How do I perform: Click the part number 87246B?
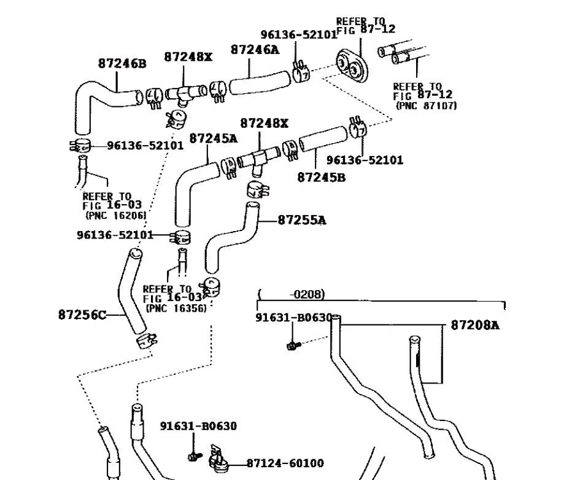(x=122, y=63)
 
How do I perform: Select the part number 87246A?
(x=254, y=50)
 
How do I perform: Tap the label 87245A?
(x=213, y=138)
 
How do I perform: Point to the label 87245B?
(x=321, y=177)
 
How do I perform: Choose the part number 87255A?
(x=301, y=219)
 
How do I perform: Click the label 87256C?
(x=82, y=315)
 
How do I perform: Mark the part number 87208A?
(x=475, y=325)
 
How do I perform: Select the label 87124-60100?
(x=285, y=463)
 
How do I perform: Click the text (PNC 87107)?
(x=426, y=106)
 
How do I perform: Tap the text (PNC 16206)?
(x=115, y=215)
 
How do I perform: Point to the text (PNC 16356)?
(x=175, y=308)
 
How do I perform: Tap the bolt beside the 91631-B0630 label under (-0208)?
(x=293, y=345)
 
